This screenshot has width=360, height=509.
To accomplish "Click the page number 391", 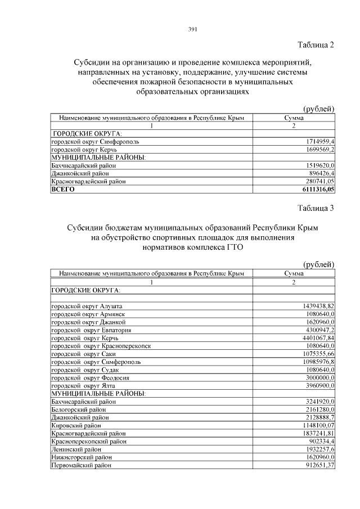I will click(x=191, y=30).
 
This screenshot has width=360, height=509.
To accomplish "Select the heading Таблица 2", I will click(x=315, y=45).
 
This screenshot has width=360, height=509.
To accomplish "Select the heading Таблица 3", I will click(x=315, y=208).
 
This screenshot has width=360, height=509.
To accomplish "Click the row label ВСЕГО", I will click(x=63, y=190).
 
